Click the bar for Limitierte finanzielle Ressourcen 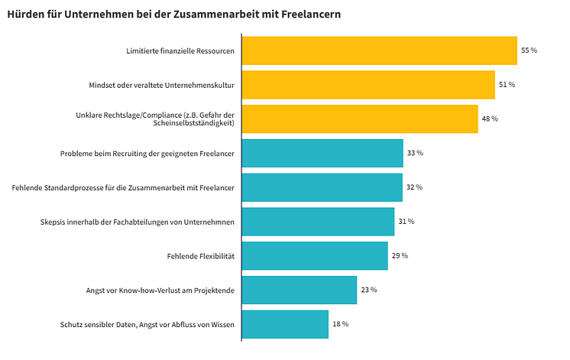379,50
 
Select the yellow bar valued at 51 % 368,85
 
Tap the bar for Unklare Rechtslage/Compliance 360,118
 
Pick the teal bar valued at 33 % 322,153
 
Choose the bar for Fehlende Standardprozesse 322,187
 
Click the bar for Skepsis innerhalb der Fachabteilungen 318,221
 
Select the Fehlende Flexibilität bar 315,255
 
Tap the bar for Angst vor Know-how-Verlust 300,290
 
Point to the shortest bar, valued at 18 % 285,324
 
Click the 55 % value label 529,50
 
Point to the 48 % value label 489,118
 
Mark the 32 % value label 414,187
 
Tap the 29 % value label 400,255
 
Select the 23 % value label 368,290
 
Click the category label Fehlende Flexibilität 200,255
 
